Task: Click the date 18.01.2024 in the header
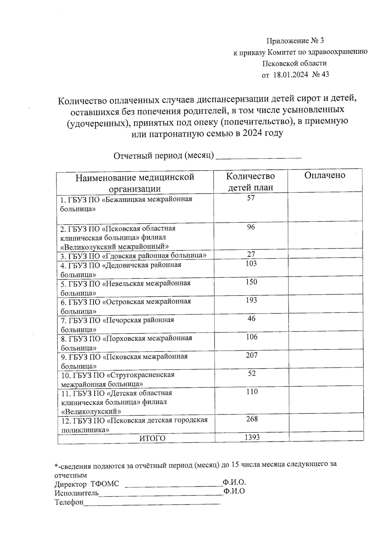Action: point(291,75)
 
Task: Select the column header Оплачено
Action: point(325,175)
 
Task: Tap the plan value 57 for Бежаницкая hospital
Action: point(251,198)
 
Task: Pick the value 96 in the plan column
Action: point(251,227)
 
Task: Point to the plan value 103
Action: point(251,264)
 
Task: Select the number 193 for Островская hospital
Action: point(251,300)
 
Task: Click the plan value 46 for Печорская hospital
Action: point(251,319)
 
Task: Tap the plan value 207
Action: point(251,355)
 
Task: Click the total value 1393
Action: point(252,437)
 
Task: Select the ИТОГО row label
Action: point(152,438)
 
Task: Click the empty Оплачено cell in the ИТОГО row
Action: point(326,438)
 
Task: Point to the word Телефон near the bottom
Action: point(69,502)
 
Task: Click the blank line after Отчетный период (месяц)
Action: point(258,156)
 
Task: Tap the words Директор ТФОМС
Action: point(87,484)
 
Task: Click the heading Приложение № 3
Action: point(295,41)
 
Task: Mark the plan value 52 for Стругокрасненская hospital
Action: point(252,374)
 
